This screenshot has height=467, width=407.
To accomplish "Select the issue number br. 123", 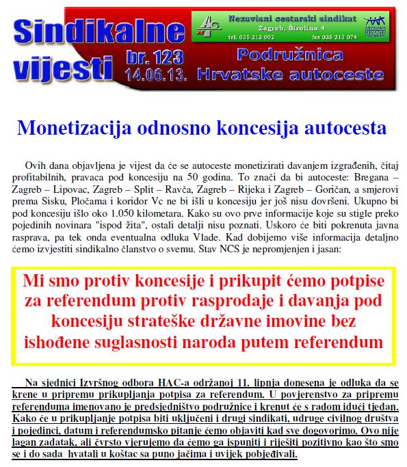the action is [154, 58].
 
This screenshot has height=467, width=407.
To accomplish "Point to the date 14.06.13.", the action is [154, 73].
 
